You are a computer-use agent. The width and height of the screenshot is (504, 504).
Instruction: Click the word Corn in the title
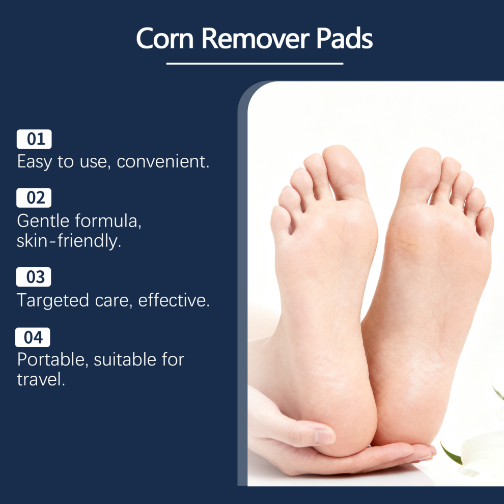pyautogui.click(x=165, y=38)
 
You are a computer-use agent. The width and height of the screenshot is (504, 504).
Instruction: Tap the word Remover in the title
pyautogui.click(x=255, y=38)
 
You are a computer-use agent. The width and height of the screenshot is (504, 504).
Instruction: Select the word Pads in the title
pyautogui.click(x=345, y=38)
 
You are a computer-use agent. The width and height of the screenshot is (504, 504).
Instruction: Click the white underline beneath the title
pyautogui.click(x=255, y=64)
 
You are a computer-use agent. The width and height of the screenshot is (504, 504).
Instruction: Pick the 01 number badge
pyautogui.click(x=34, y=139)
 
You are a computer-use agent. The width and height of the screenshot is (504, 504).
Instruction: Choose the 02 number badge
pyautogui.click(x=34, y=198)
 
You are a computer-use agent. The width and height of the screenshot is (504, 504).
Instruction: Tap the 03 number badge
pyautogui.click(x=34, y=277)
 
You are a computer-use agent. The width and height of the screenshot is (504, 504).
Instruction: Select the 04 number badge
pyautogui.click(x=33, y=337)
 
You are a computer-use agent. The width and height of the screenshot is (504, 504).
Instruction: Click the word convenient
pyautogui.click(x=163, y=161)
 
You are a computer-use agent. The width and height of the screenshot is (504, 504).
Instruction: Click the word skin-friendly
pyautogui.click(x=69, y=241)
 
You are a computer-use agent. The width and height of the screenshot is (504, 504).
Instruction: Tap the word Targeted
pyautogui.click(x=53, y=300)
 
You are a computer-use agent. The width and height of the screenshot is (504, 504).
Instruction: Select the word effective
pyautogui.click(x=174, y=300)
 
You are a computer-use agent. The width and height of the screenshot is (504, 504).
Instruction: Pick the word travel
pyautogui.click(x=41, y=379)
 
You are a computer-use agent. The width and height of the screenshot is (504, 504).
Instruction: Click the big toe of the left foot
pyautogui.click(x=345, y=172)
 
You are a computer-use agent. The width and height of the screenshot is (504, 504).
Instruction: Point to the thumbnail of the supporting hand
pyautogui.click(x=325, y=436)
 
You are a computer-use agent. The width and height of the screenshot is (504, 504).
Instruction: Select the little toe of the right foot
pyautogui.click(x=485, y=222)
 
